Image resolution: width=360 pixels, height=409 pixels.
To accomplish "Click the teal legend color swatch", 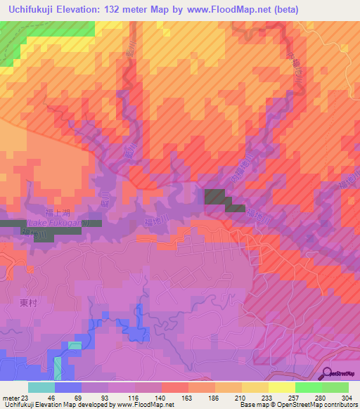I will click(41, 387).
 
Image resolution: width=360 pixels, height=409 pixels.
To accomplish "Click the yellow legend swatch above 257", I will click(281, 387).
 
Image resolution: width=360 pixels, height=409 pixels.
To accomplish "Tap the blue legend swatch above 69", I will click(68, 387).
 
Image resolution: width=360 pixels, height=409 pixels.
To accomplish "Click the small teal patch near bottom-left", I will click(75, 345).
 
